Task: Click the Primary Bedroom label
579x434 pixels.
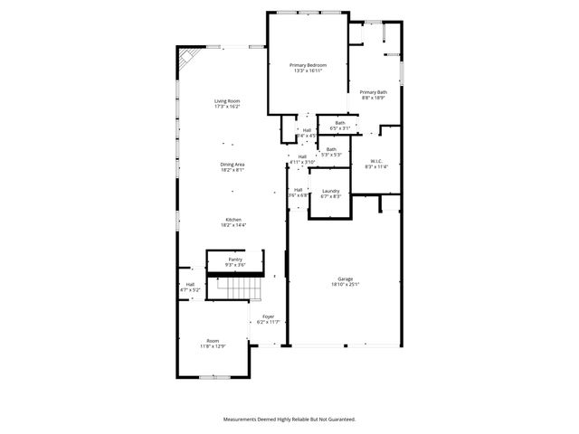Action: pos(308,65)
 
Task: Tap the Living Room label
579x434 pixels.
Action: pos(227,100)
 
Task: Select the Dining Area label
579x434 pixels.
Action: pos(233,164)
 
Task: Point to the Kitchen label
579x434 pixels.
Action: pos(233,219)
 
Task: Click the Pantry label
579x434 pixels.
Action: pos(235,259)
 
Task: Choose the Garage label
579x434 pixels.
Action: pos(346,278)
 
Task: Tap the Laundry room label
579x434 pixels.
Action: pos(331,191)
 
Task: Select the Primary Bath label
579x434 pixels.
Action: pos(374,91)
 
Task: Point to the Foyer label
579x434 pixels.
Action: pos(269,316)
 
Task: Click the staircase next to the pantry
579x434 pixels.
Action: pos(242,288)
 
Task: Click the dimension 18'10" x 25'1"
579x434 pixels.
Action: pos(346,285)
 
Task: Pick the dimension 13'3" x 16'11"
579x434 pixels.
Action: pos(308,71)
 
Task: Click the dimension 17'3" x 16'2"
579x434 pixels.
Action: pos(227,107)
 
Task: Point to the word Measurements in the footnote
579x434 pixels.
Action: pos(243,419)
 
